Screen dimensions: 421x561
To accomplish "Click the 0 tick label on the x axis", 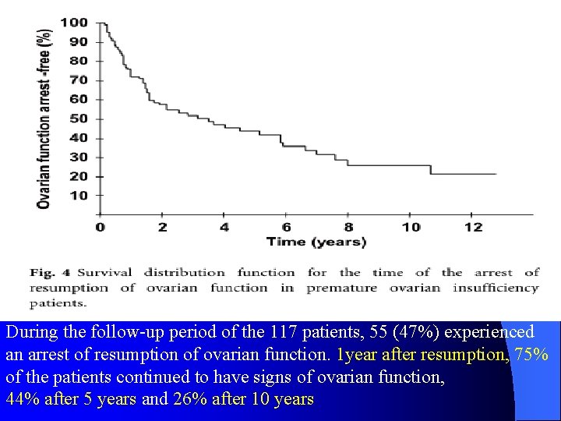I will tap(99, 227).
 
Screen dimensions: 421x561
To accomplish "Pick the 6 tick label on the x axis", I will tap(286, 227).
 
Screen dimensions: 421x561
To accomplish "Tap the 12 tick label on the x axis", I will tap(471, 227).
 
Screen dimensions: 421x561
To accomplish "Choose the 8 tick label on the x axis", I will tap(348, 227).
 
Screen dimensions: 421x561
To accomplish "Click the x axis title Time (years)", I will tap(316, 242).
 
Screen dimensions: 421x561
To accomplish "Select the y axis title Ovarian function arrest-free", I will tap(45, 117).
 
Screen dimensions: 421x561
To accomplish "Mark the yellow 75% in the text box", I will tap(532, 354).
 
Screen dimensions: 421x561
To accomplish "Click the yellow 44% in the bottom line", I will tap(21, 399).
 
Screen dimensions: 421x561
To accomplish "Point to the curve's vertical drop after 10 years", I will tap(430, 169).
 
